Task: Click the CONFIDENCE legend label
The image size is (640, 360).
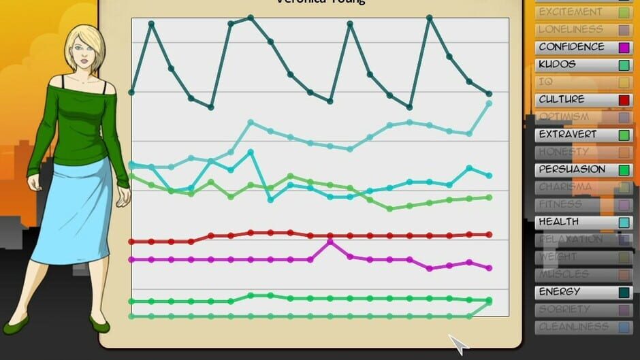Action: tap(571, 47)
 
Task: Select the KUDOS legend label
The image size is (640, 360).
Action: tap(557, 65)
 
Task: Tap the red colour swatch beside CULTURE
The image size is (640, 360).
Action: tap(624, 100)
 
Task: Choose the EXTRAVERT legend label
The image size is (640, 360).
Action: tap(568, 135)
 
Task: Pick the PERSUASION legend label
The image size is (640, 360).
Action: tap(572, 169)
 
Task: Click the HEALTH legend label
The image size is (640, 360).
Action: tap(558, 222)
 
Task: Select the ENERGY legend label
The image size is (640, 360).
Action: tap(559, 292)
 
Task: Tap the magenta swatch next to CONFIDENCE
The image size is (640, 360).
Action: tap(624, 48)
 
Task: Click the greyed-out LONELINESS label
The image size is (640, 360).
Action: tap(571, 29)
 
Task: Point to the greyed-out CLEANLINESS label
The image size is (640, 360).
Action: tap(573, 327)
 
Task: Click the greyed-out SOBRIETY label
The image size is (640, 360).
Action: tap(564, 309)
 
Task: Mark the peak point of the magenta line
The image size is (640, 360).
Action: tap(330, 242)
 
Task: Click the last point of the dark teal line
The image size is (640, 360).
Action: tap(489, 94)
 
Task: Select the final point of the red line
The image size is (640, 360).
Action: tap(489, 235)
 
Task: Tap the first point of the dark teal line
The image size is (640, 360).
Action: tap(131, 92)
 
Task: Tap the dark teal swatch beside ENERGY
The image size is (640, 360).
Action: tap(624, 293)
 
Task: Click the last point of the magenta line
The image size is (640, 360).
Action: tap(489, 268)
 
